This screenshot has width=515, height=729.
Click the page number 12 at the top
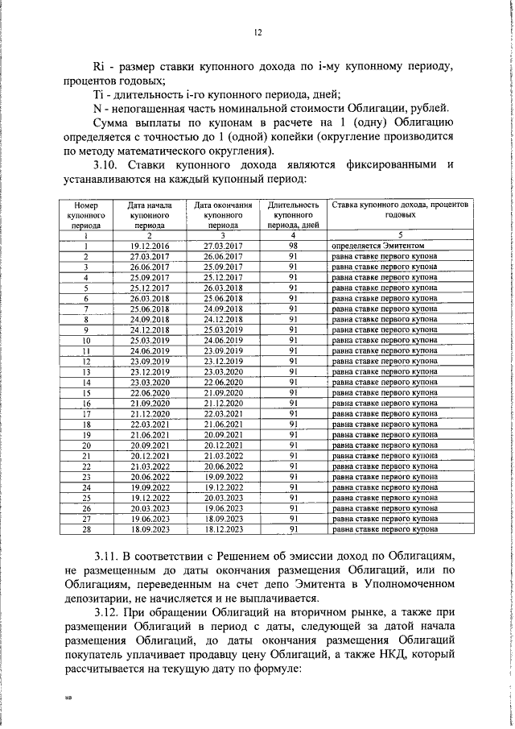click(x=258, y=32)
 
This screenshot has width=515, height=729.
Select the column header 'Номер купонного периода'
click(x=85, y=216)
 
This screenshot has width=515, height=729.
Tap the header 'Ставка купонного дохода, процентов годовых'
click(x=400, y=211)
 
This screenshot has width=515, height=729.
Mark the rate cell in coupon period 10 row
click(x=384, y=340)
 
